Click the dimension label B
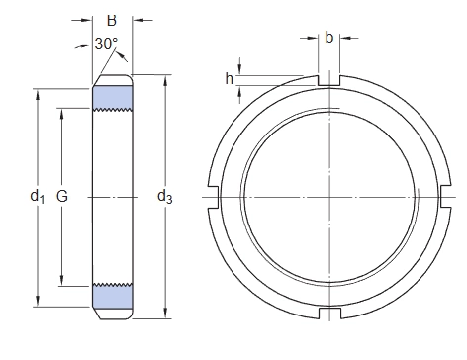(112, 21)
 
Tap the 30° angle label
(106, 44)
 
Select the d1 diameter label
(38, 197)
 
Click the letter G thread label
(62, 196)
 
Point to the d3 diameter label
(165, 197)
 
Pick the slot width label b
(329, 38)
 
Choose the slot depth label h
(230, 79)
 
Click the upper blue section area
(113, 97)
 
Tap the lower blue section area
(113, 296)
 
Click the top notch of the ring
(329, 80)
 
